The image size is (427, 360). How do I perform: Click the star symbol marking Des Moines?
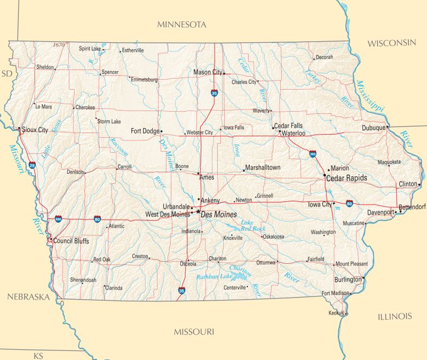pos(198,212)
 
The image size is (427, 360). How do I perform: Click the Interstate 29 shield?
pos(33,166)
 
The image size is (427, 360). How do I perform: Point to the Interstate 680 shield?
pos(58,219)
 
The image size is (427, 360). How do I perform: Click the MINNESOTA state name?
pos(181,25)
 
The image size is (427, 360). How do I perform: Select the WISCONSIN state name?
pos(391,43)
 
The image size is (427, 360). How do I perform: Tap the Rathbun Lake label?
pos(214,277)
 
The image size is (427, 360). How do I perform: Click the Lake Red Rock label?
pos(252,225)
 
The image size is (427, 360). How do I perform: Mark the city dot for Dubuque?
pos(387,128)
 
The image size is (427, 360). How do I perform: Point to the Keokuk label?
pos(336,313)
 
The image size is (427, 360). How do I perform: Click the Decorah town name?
pos(324,57)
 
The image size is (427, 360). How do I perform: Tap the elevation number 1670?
pos(59,45)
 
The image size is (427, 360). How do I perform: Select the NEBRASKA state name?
pos(28,297)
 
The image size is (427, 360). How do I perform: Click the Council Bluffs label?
pos(71,241)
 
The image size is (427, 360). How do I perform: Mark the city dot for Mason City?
pos(224,73)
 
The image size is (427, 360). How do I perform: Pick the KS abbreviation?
pos(38,356)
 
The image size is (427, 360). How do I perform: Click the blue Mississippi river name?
pos(370,96)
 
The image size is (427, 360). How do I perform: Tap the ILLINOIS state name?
pos(395,317)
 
